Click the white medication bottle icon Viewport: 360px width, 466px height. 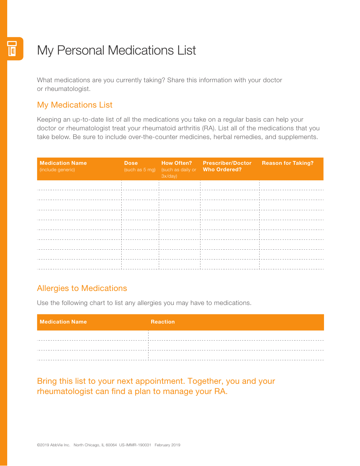12,48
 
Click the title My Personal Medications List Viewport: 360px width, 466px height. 116,50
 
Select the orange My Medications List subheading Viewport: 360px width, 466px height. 75,105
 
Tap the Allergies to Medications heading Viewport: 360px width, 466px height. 82,288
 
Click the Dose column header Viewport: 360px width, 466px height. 131,163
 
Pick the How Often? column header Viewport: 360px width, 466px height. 177,163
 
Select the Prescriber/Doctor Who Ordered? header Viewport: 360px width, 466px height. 227,166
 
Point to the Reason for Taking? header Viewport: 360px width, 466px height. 288,163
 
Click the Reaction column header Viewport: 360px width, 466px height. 163,322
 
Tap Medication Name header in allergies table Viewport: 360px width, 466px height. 63,322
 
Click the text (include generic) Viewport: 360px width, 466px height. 57,170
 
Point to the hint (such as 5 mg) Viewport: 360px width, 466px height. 140,170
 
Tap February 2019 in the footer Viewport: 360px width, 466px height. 167,445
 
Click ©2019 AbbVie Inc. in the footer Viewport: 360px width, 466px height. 53,445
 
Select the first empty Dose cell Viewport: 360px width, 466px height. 140,185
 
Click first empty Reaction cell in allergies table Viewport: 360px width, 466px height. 236,335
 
